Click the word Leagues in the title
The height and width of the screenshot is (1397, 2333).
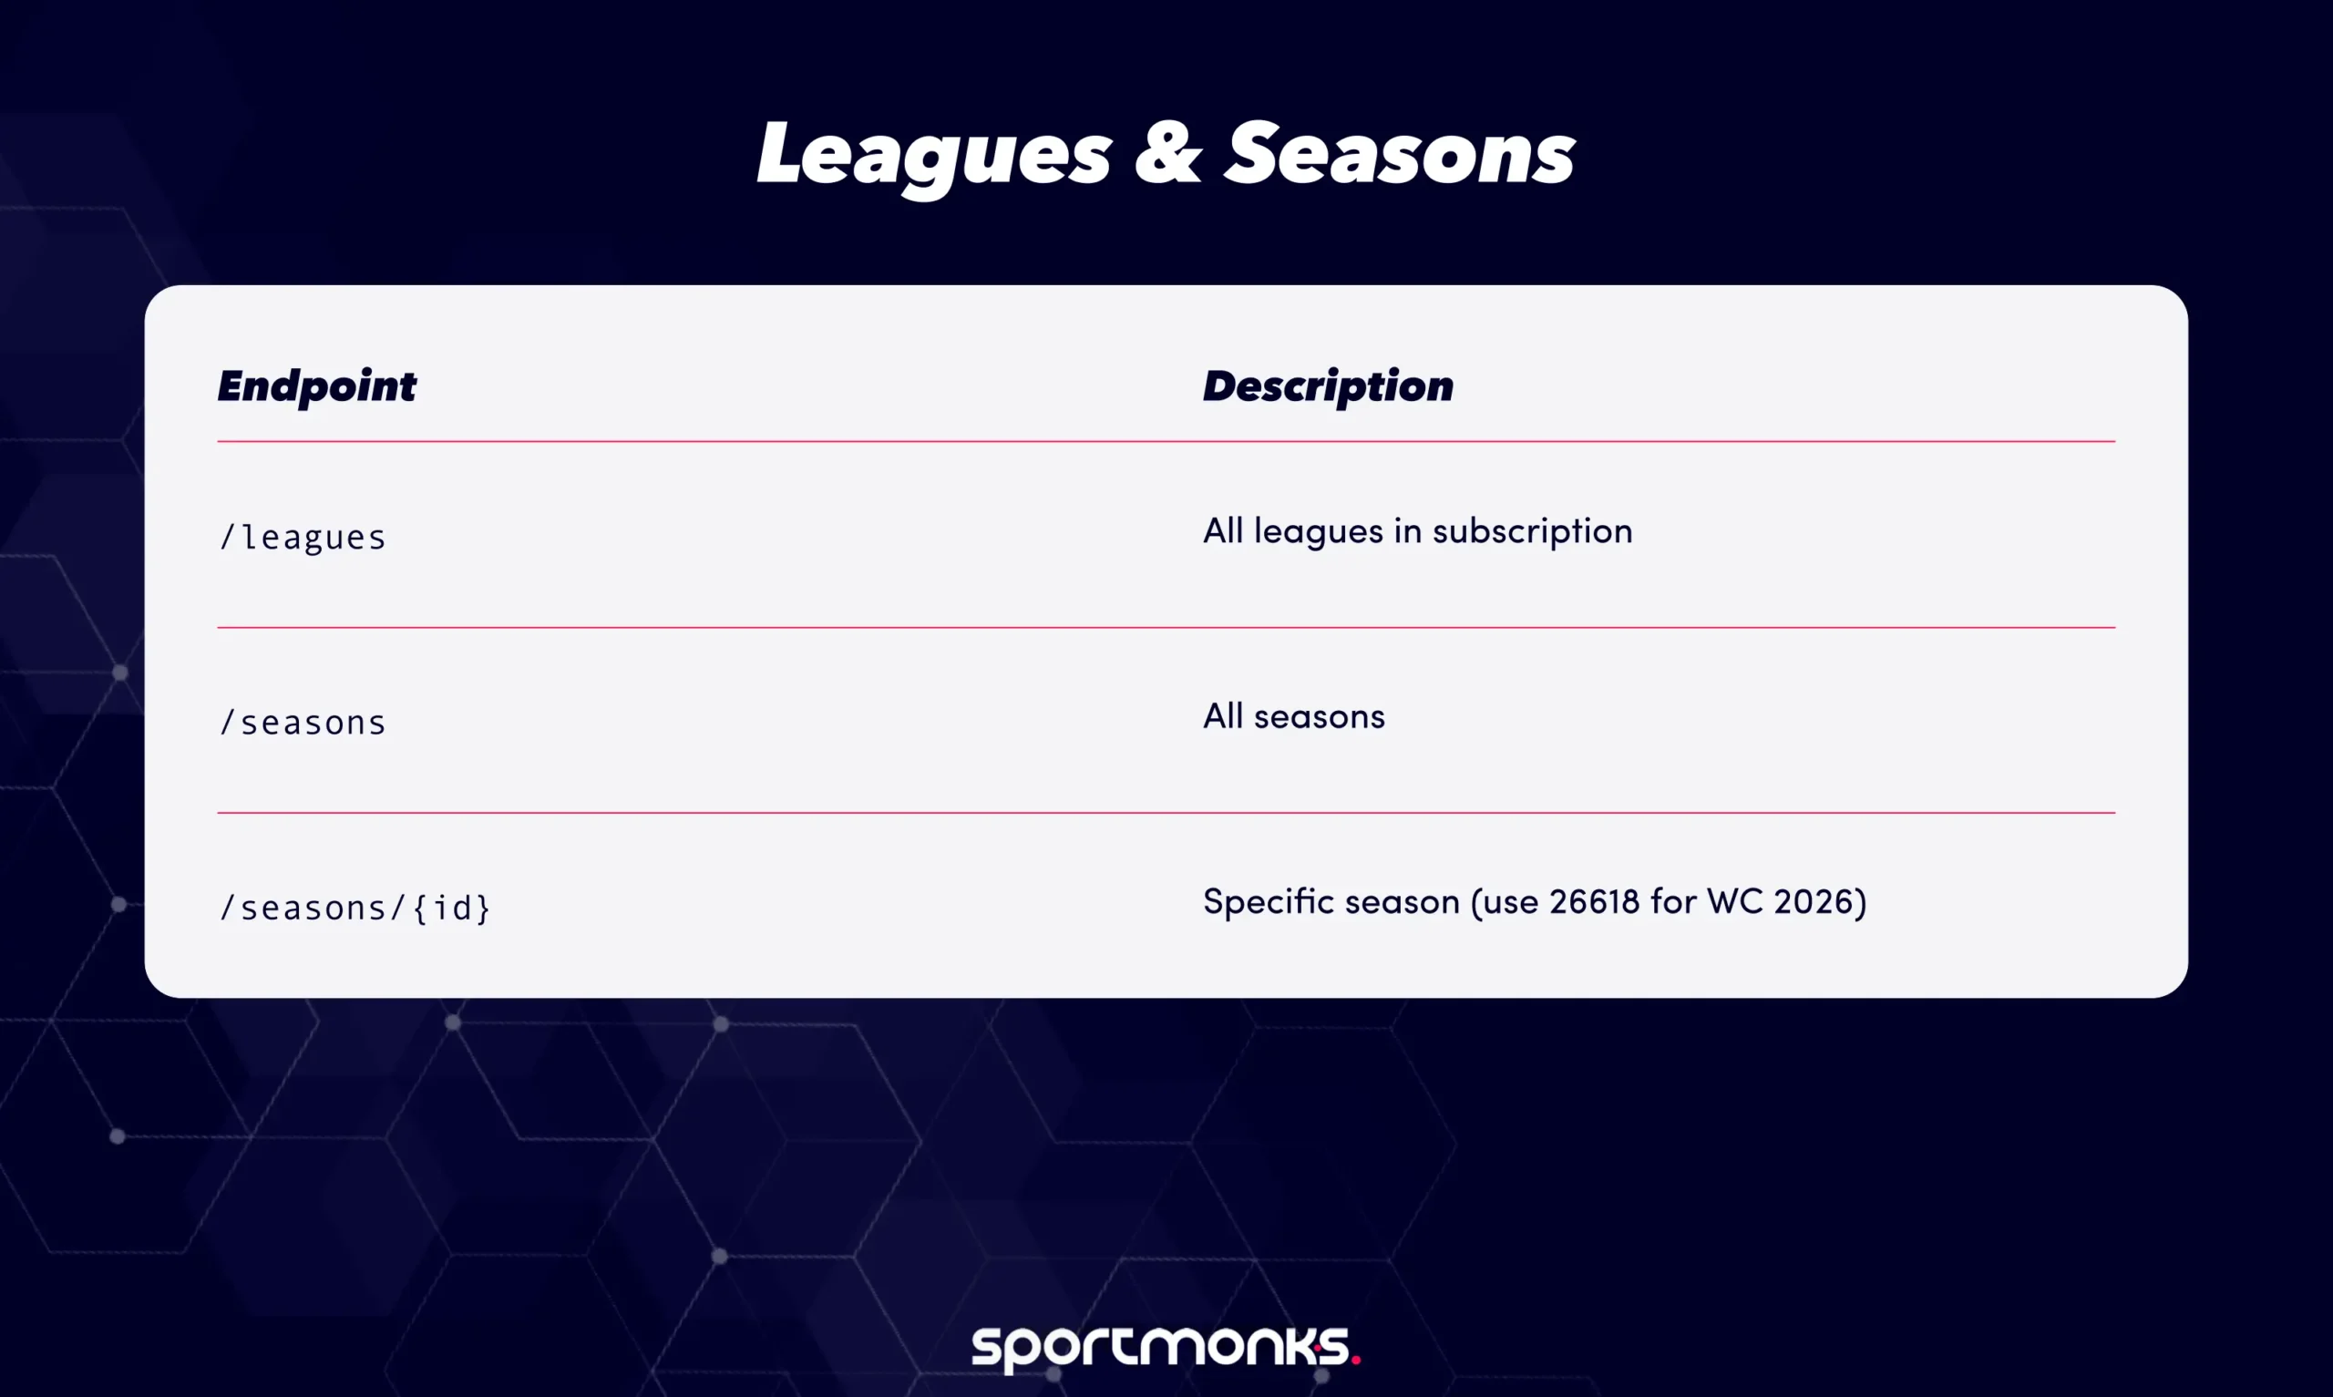(x=933, y=155)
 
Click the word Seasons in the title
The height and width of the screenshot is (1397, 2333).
(x=1399, y=155)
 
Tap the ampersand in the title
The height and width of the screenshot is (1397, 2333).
(x=1168, y=155)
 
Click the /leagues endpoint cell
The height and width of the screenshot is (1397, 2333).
(x=302, y=538)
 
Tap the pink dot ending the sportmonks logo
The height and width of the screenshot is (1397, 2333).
(x=1355, y=1359)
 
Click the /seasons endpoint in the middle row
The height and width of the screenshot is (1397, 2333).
(x=302, y=723)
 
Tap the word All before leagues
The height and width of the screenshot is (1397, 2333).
(x=1222, y=532)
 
